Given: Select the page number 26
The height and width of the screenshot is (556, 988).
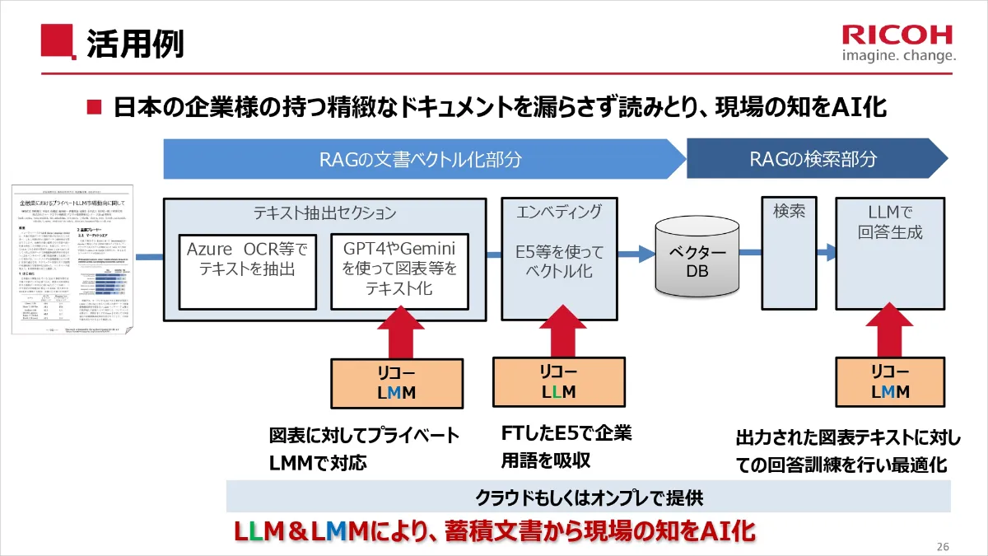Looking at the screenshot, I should pos(944,547).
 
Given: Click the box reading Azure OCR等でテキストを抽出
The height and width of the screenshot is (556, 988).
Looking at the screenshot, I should pos(246,271).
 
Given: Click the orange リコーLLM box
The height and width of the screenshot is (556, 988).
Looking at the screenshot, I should pos(559,383).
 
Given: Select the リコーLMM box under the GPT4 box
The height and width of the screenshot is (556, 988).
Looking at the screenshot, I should pos(397,383).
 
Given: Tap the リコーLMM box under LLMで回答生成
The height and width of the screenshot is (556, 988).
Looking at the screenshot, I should pos(890,383).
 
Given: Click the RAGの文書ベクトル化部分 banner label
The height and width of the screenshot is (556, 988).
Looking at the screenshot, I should pos(420,159).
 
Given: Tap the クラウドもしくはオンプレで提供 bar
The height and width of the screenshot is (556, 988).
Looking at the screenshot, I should pos(588,498).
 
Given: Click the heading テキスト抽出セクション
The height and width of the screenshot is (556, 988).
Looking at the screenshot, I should pos(324,213).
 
